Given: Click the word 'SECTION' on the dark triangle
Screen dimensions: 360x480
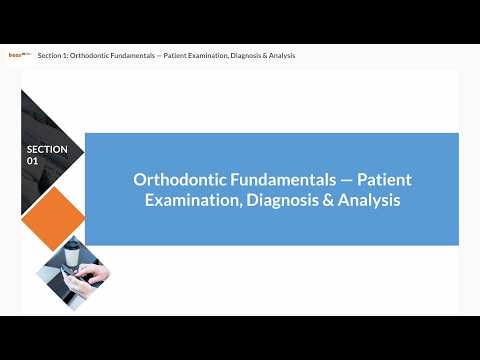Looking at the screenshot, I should pos(47,149).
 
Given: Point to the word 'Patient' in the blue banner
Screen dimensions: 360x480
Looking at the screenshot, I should pos(385,180).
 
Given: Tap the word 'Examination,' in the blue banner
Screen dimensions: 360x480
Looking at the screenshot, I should pos(191,200).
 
